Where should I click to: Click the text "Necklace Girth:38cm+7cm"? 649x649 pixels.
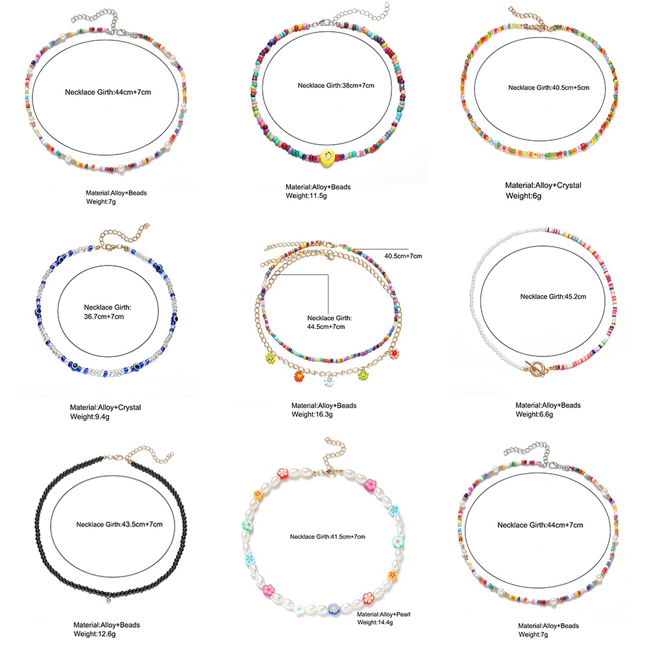(336, 85)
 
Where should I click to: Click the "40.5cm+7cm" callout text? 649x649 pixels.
(403, 256)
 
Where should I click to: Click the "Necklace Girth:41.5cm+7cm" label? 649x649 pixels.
(328, 536)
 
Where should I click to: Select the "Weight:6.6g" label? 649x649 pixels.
(534, 413)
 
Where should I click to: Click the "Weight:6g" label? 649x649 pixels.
(522, 194)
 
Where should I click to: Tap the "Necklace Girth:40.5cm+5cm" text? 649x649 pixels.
(548, 88)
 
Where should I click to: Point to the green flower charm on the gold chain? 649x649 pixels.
(363, 375)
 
